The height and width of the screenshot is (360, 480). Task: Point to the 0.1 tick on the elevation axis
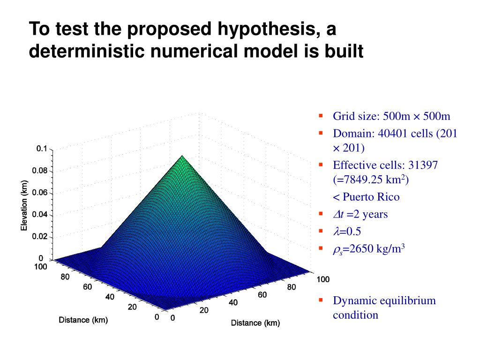click(x=41, y=149)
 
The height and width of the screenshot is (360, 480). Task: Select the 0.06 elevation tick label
click(x=39, y=193)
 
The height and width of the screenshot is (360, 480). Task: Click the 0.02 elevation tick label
click(x=39, y=237)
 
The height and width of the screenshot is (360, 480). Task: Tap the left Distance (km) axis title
click(x=83, y=320)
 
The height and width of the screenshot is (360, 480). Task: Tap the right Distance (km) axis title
click(x=255, y=323)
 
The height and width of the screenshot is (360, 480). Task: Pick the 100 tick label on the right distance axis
click(x=322, y=280)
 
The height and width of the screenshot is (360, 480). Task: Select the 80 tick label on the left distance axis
click(x=65, y=277)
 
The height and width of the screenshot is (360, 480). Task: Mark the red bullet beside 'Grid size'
click(x=321, y=115)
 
